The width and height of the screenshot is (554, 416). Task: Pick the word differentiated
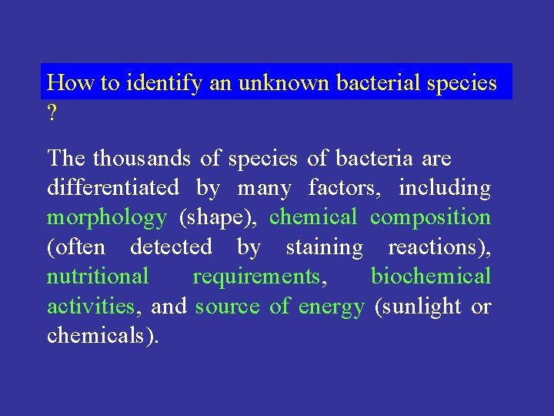[x=113, y=187]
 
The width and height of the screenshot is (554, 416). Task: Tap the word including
[x=452, y=187]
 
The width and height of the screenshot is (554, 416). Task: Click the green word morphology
[x=106, y=218]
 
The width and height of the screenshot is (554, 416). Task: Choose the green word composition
[x=430, y=217]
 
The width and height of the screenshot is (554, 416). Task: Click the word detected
[x=171, y=247]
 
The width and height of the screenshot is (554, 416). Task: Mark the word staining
[x=324, y=247]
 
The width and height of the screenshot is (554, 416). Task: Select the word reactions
[x=439, y=247]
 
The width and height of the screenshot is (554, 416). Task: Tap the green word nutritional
[x=98, y=276]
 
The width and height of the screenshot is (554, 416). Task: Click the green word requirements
[x=257, y=277]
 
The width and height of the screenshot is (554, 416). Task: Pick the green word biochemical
[x=430, y=276]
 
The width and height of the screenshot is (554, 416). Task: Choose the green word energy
[x=331, y=307]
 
